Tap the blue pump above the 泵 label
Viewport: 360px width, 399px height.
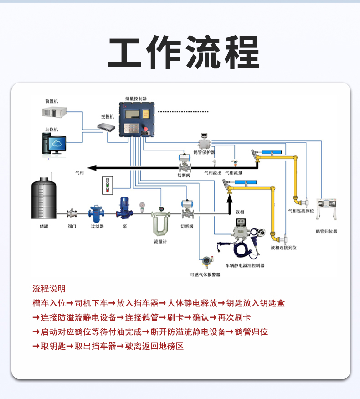(x=124, y=207)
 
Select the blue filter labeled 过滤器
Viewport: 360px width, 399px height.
(x=97, y=212)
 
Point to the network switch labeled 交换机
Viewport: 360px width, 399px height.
(x=108, y=127)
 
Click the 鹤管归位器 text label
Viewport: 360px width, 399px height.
(x=326, y=231)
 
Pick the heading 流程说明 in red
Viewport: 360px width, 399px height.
(x=49, y=289)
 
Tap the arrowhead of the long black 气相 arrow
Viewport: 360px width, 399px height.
(x=92, y=168)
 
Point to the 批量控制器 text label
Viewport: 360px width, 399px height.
(x=136, y=98)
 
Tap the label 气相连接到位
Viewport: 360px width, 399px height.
(x=300, y=211)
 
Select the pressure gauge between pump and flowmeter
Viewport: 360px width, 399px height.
(x=143, y=206)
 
